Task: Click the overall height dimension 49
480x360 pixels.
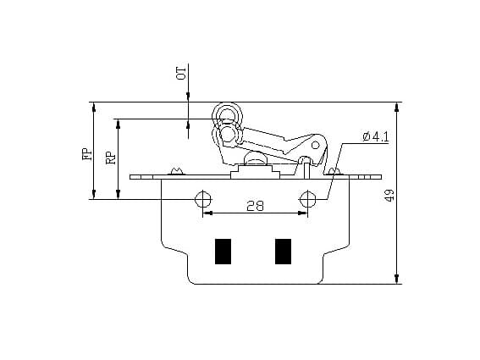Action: [x=388, y=193]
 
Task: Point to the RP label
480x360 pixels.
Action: [x=111, y=158]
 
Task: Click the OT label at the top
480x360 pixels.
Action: [x=179, y=71]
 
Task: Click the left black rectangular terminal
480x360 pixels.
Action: [x=223, y=252]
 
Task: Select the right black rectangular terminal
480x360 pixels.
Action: [x=283, y=252]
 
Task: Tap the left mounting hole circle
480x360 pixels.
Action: [x=203, y=199]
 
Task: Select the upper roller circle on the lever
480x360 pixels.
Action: [x=226, y=116]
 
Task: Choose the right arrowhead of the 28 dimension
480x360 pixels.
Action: [x=303, y=214]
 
